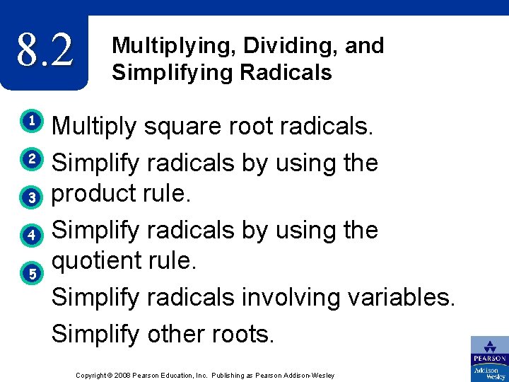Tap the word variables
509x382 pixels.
point(402,296)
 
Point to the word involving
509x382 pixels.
point(291,296)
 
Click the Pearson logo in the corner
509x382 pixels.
point(489,358)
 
